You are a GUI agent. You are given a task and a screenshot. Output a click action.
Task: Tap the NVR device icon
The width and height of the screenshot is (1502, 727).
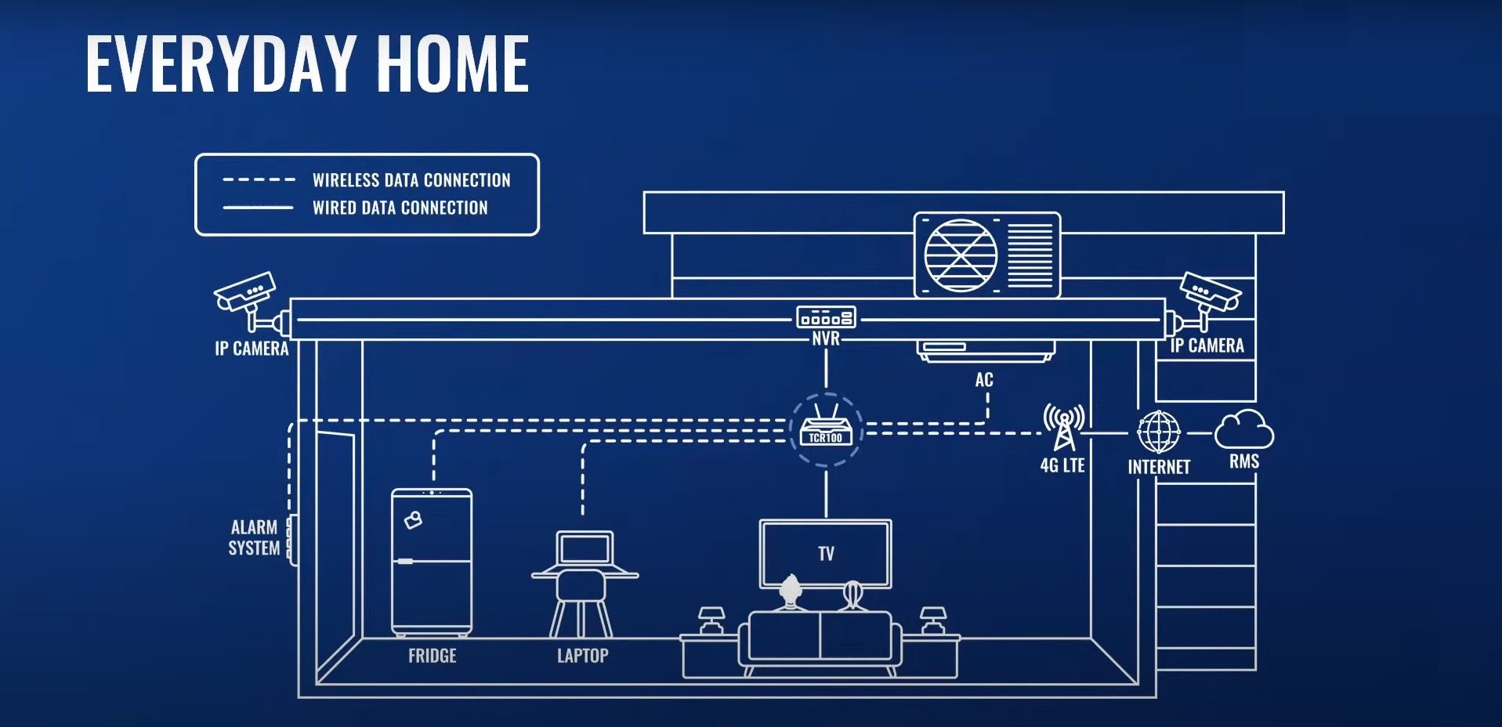(x=826, y=317)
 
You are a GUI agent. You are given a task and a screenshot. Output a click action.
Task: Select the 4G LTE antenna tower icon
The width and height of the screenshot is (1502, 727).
(x=1063, y=427)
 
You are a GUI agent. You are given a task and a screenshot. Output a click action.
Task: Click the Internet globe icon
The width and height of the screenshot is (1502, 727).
(x=1159, y=432)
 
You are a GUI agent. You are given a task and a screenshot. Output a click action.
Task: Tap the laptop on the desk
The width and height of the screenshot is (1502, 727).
(x=585, y=549)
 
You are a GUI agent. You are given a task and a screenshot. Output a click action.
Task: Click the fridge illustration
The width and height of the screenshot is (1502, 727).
(x=432, y=562)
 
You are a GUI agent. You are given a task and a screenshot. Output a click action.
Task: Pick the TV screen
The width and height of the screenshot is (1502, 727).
(x=826, y=554)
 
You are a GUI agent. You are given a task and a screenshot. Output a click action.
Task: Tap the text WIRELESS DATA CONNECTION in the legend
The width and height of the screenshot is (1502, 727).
(x=411, y=180)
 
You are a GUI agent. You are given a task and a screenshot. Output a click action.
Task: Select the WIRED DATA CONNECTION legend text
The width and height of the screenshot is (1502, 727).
(x=400, y=208)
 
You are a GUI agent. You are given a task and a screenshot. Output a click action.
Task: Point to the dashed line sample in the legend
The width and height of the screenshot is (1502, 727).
(x=259, y=180)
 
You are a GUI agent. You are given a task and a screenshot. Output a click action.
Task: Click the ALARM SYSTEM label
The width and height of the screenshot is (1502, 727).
(x=254, y=537)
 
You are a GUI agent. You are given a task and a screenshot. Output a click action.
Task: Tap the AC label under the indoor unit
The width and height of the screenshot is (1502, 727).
(x=984, y=380)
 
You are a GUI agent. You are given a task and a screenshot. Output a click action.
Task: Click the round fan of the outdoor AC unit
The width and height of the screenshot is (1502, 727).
(x=961, y=255)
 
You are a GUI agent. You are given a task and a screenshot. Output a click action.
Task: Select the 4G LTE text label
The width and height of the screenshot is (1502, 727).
(x=1062, y=465)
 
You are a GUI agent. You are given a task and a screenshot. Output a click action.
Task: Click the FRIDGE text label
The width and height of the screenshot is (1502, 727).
(x=432, y=656)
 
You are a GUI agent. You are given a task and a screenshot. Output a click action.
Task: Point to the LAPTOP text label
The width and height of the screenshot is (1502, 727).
(x=582, y=656)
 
